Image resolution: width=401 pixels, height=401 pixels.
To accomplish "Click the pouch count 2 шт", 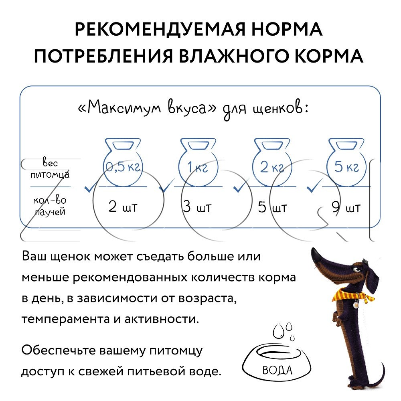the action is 123,207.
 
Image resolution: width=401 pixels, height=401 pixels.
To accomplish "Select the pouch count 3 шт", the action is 197,207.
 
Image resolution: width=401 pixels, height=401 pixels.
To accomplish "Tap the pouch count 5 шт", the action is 272,207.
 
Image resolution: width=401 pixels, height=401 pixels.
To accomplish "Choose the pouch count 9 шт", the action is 346,207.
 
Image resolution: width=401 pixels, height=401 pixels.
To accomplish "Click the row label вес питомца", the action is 50,168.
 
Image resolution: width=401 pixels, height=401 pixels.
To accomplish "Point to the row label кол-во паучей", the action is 50,206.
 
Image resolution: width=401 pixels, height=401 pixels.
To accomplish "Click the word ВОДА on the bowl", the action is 277,370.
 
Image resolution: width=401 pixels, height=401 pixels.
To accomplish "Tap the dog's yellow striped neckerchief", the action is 353,295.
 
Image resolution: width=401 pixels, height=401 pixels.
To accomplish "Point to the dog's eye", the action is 355,269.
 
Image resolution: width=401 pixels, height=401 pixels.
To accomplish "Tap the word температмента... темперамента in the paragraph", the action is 65,319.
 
